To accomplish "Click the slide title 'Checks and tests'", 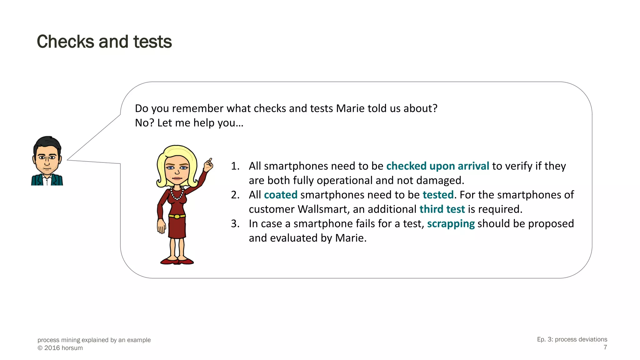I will click(x=104, y=42).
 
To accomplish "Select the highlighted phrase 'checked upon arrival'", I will click(x=437, y=166).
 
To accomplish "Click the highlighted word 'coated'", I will click(x=280, y=195).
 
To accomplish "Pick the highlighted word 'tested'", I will click(x=438, y=195).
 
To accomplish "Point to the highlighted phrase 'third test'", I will click(x=442, y=209).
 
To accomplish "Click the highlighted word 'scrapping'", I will click(x=451, y=224).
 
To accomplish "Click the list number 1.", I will click(x=235, y=166).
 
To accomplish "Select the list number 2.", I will click(x=235, y=195).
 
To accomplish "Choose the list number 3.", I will click(x=235, y=224).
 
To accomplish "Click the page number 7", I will click(x=605, y=347).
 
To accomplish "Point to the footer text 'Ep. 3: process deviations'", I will click(x=572, y=339).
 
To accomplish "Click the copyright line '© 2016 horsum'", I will click(x=60, y=348).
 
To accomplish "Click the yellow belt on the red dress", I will click(x=177, y=216).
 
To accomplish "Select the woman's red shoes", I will click(x=177, y=261).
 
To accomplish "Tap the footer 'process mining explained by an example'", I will click(x=94, y=340).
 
